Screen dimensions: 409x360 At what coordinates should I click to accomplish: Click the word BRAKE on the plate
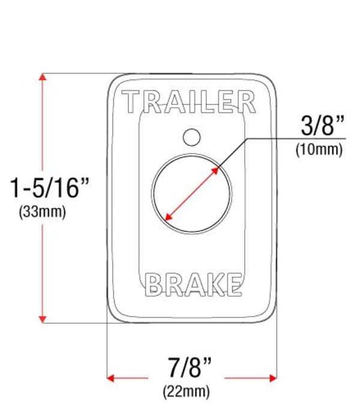point(194,284)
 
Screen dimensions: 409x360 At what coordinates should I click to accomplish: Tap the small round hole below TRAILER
point(191,137)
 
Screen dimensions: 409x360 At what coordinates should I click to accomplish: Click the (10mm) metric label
point(319,150)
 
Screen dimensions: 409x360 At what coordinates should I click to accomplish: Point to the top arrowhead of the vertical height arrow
point(42,77)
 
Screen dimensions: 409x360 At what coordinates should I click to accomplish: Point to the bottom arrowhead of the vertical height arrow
point(42,318)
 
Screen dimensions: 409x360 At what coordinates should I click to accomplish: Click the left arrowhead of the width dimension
point(111,378)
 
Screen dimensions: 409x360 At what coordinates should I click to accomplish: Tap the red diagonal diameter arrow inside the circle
point(191,193)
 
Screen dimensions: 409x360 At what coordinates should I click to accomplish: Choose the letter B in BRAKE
point(155,284)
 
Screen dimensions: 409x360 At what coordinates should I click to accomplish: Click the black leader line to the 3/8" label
point(282,138)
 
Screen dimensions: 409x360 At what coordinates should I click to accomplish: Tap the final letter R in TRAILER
point(246,102)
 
